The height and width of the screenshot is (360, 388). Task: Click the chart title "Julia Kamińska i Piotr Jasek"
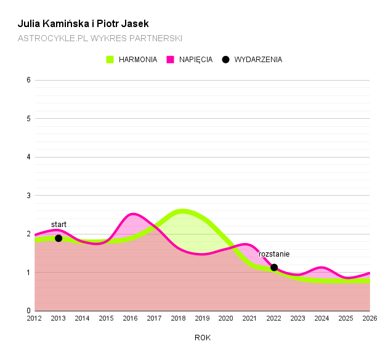pyautogui.click(x=83, y=24)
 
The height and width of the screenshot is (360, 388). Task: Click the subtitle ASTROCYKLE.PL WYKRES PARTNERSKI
pyautogui.click(x=100, y=38)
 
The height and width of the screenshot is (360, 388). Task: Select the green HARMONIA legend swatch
pyautogui.click(x=110, y=60)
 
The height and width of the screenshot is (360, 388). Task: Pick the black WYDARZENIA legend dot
pyautogui.click(x=225, y=60)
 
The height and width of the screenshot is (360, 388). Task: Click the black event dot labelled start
pyautogui.click(x=59, y=238)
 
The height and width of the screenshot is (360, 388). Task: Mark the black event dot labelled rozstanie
pyautogui.click(x=274, y=267)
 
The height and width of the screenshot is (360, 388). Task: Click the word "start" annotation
pyautogui.click(x=59, y=225)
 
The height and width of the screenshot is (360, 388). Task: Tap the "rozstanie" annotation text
pyautogui.click(x=274, y=254)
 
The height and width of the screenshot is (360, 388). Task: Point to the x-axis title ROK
pyautogui.click(x=203, y=337)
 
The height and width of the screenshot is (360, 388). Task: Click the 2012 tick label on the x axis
pyautogui.click(x=34, y=318)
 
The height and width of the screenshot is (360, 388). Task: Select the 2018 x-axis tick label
pyautogui.click(x=179, y=318)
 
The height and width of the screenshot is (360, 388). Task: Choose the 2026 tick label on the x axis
pyautogui.click(x=370, y=318)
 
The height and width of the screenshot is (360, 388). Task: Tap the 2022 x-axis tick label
pyautogui.click(x=274, y=318)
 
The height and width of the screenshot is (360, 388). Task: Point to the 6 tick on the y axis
pyautogui.click(x=28, y=80)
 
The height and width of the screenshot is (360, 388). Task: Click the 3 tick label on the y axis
pyautogui.click(x=28, y=196)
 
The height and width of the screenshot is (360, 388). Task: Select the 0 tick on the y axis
pyautogui.click(x=28, y=311)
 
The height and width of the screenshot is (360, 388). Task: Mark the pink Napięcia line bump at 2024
pyautogui.click(x=321, y=268)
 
